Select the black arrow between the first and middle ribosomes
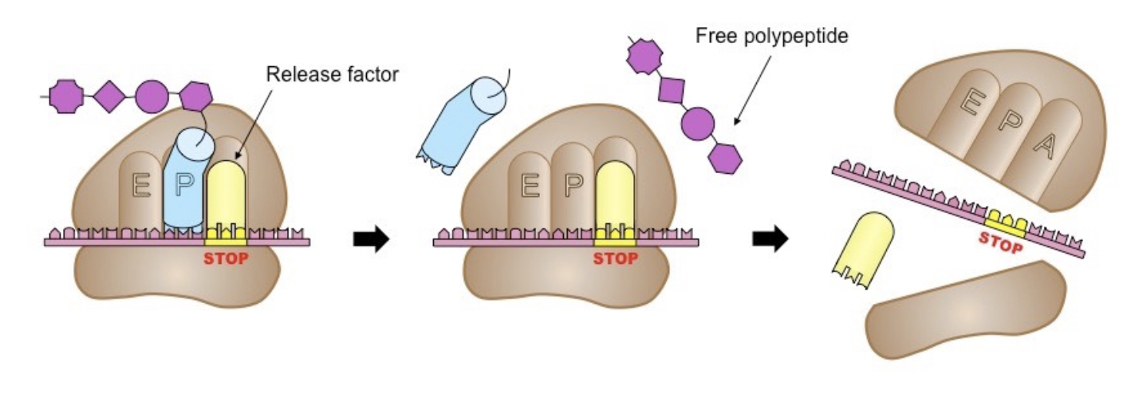371,238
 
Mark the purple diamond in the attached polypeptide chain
107,97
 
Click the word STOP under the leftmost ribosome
227,258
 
